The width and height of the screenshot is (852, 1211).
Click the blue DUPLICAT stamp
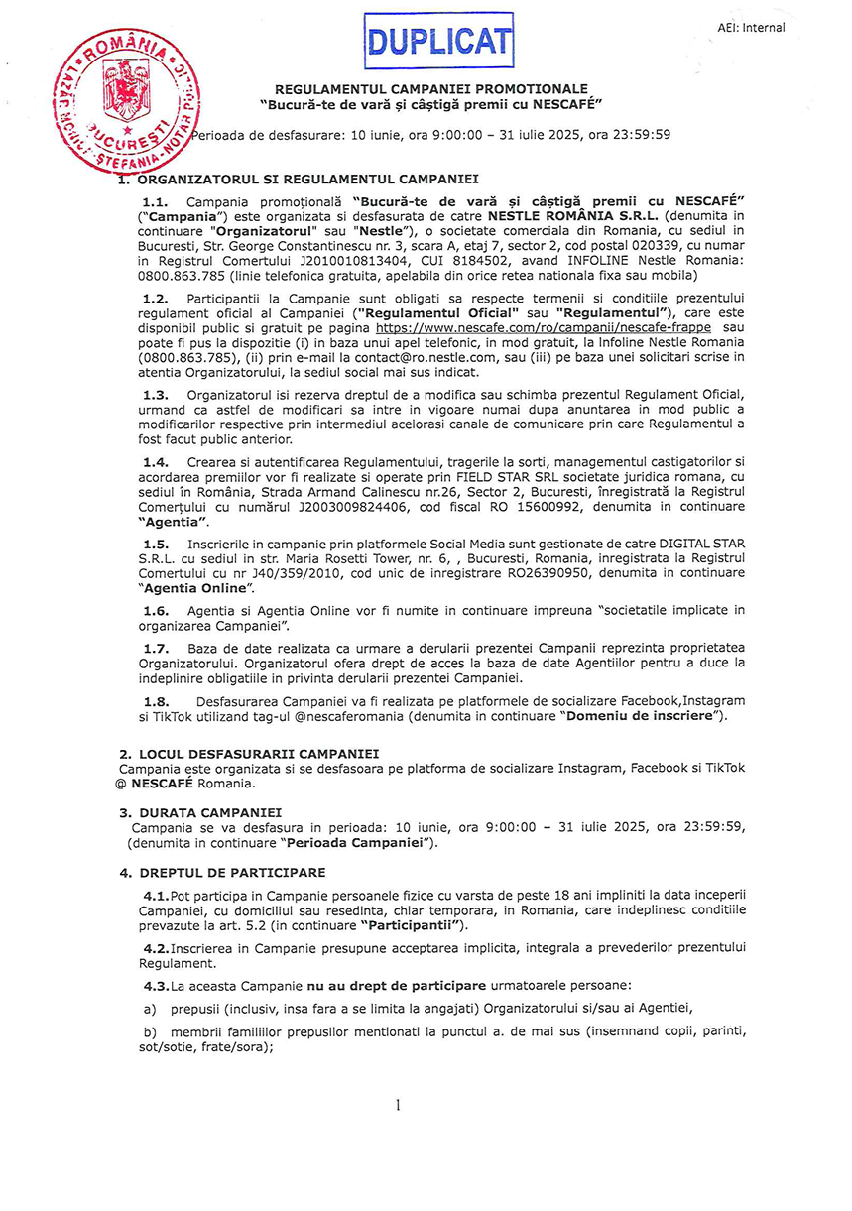[x=439, y=41]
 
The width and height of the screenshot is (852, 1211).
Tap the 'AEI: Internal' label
[x=751, y=28]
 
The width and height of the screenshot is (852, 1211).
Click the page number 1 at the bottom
[x=397, y=1105]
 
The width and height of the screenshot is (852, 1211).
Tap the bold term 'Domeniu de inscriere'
[x=643, y=715]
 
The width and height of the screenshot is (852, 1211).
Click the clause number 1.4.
[x=156, y=462]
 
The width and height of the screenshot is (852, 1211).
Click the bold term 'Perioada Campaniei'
[x=358, y=842]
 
